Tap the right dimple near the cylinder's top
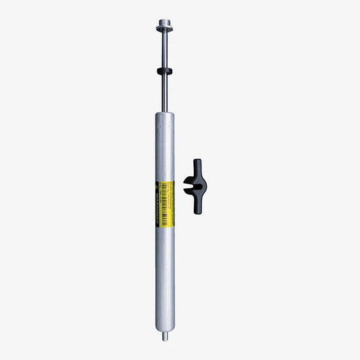point(169,124)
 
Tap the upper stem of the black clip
point(197,168)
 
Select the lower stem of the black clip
point(197,207)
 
